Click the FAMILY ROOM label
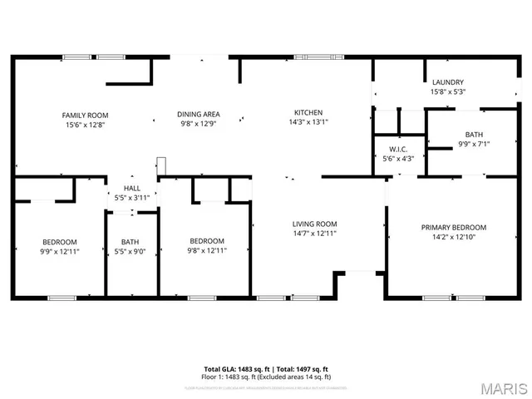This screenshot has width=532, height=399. click(86, 115)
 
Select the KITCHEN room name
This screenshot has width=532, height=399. click(308, 113)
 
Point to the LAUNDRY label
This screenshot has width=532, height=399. click(448, 82)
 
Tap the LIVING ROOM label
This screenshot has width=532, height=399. click(314, 224)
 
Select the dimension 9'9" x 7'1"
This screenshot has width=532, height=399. click(473, 144)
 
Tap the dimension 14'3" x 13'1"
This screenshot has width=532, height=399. click(308, 123)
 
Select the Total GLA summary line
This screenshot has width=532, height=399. click(266, 368)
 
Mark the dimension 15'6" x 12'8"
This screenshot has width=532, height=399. click(86, 125)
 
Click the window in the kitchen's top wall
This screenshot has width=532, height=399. click(307, 57)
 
